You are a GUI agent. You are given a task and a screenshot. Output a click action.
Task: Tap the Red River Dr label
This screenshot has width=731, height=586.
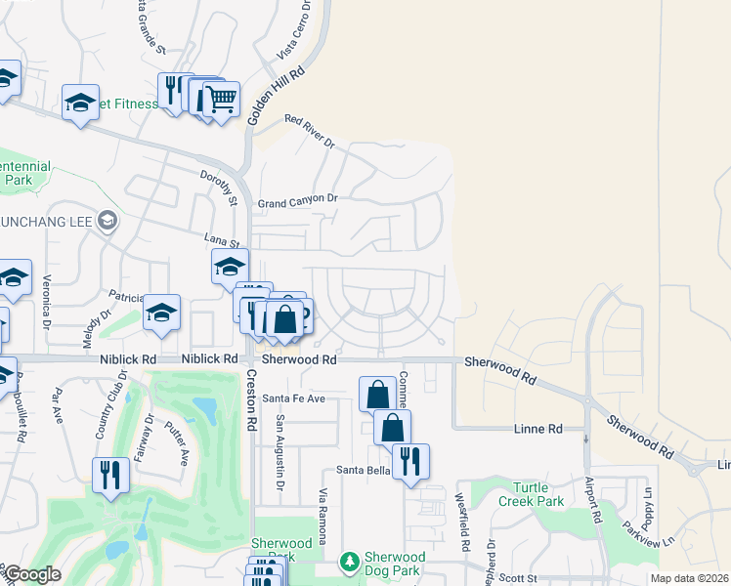(x=310, y=132)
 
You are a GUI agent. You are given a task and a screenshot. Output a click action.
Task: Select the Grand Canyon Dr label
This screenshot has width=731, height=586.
(x=297, y=199)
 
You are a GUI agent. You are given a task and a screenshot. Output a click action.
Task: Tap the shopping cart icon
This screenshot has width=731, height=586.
(x=222, y=99)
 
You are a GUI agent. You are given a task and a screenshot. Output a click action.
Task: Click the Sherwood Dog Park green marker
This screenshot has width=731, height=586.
(x=349, y=562)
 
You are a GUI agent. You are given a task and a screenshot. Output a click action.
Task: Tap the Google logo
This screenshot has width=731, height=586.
(x=32, y=574)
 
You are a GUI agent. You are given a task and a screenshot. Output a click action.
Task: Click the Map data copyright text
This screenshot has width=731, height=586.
(x=689, y=578)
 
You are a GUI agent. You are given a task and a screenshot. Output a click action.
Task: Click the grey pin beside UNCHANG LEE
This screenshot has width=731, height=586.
(x=107, y=222)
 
